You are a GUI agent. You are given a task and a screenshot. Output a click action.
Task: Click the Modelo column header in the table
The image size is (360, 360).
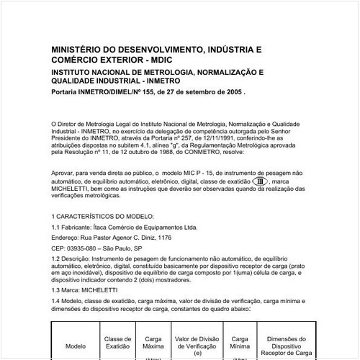(76, 345)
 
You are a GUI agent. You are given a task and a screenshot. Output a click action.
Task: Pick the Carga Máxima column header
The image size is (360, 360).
(153, 341)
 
